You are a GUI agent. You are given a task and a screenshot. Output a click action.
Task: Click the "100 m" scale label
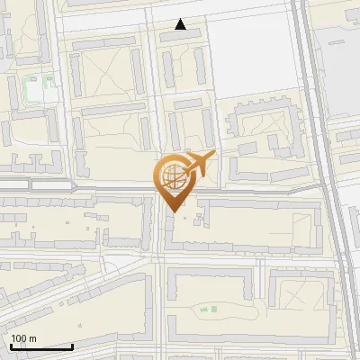[23, 337]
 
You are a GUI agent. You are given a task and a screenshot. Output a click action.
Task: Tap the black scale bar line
[41, 346]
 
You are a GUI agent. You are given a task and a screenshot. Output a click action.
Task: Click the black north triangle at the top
[181, 25]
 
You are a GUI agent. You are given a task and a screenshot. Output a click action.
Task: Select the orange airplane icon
[199, 165]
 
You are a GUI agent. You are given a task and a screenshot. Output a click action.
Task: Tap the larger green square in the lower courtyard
[213, 310]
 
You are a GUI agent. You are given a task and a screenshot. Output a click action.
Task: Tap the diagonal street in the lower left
[54, 288]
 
